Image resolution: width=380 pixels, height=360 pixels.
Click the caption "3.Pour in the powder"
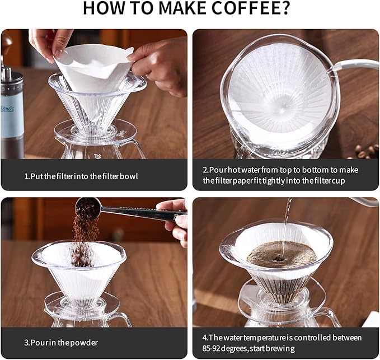(x=61, y=342)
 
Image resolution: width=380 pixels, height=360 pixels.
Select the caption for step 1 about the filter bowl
(x=81, y=176)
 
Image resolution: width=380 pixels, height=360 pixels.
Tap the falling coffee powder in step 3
(x=83, y=235)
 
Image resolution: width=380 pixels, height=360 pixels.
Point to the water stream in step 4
(x=287, y=224)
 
